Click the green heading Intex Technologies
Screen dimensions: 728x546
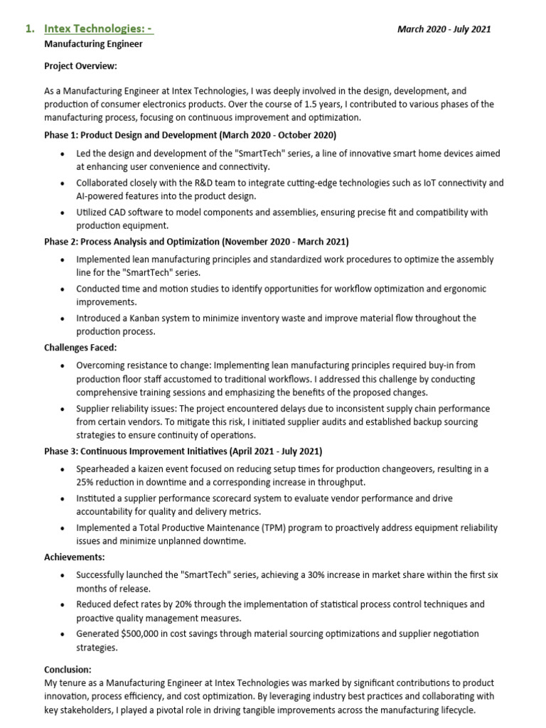click(98, 29)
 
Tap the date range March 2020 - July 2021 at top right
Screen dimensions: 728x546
click(444, 29)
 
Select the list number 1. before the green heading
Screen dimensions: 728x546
click(29, 29)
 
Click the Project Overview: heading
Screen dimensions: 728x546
click(80, 66)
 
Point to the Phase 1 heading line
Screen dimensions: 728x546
click(190, 135)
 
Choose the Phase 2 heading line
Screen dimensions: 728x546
click(196, 242)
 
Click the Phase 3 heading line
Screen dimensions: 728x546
click(183, 451)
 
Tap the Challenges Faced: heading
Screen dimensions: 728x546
click(80, 348)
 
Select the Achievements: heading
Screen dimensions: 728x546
click(75, 557)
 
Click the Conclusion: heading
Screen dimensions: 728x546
click(68, 670)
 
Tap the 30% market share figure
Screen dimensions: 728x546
click(345, 574)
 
